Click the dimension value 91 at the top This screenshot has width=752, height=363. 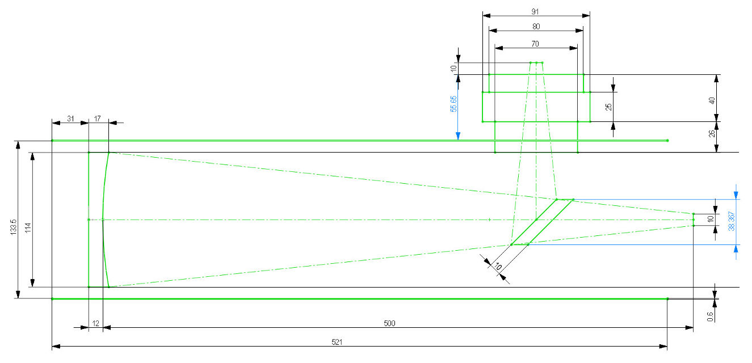[535, 12]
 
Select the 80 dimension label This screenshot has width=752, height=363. [536, 27]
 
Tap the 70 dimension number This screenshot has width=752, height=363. [535, 44]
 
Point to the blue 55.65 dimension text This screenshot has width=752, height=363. [453, 104]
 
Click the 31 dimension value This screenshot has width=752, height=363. [70, 119]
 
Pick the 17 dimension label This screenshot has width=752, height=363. [97, 119]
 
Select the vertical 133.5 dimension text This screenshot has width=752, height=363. [14, 227]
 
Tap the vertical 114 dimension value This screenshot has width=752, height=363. [28, 227]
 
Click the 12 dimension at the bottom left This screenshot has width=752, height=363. [96, 323]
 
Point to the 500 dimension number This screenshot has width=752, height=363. [389, 323]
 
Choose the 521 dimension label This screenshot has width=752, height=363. [337, 342]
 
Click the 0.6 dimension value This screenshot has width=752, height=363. [709, 316]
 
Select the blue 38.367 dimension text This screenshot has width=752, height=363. [732, 221]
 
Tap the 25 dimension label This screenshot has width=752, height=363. [608, 107]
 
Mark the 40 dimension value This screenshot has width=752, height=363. [712, 100]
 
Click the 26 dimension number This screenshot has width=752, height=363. [712, 133]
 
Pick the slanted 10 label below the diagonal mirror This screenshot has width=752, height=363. [498, 267]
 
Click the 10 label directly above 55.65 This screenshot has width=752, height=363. [453, 69]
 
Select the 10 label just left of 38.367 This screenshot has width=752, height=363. [710, 219]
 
